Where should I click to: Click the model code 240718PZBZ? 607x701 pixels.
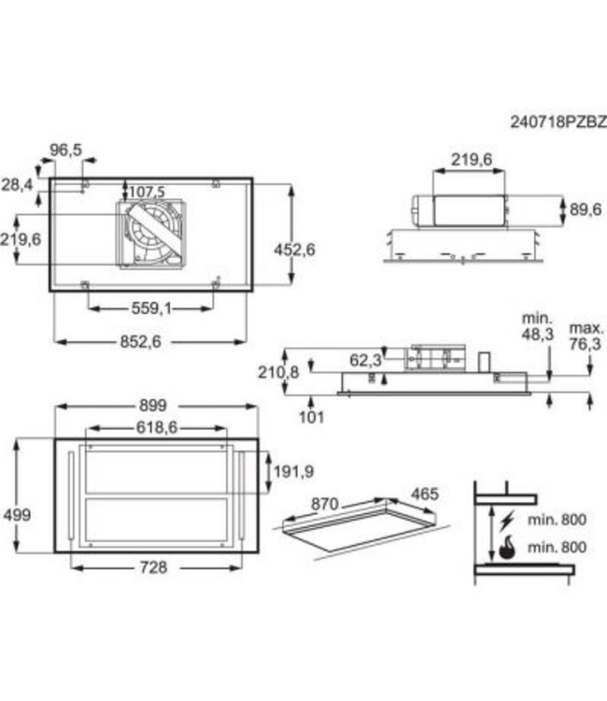558,122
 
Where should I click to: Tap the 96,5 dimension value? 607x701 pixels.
66,150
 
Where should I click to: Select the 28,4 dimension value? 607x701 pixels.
18,185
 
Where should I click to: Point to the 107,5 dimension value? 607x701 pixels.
146,192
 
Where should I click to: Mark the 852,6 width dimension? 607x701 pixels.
142,342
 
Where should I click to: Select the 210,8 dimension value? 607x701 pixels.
278,372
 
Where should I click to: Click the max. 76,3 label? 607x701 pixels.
586,336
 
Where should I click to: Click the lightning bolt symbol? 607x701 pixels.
507,519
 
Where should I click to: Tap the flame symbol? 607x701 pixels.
506,547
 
